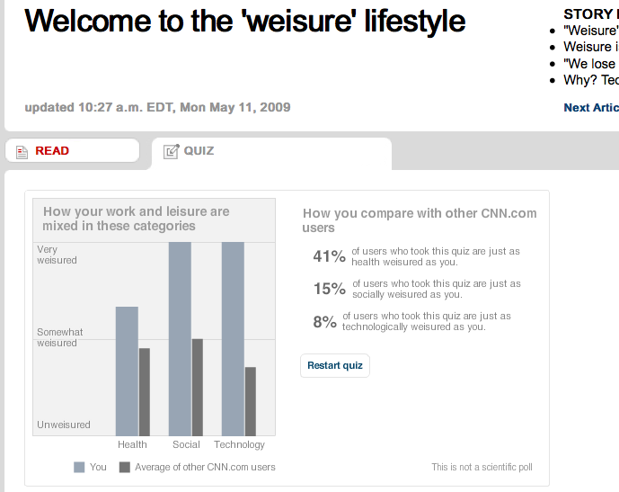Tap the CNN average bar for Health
[x=144, y=391]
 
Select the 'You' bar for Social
[x=181, y=338]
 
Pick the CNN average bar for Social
[x=198, y=387]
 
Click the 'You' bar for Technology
[x=233, y=338]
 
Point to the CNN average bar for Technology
[x=251, y=401]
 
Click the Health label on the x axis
[x=132, y=444]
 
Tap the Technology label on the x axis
[x=239, y=444]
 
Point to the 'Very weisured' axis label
[x=57, y=255]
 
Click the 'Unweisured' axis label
[x=63, y=425]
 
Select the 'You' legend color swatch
[x=79, y=467]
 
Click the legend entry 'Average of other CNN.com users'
[x=205, y=467]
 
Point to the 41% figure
[x=329, y=256]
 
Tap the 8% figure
[x=324, y=321]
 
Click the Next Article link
[x=590, y=108]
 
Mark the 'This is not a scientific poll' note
[x=482, y=467]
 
